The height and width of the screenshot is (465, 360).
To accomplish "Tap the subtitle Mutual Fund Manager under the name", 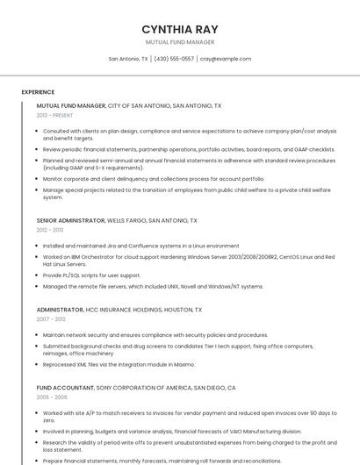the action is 180,42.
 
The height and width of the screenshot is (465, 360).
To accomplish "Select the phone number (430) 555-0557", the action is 174,59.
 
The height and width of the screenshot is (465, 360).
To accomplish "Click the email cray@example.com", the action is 226,59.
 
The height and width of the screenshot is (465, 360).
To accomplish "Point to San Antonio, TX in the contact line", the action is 128,59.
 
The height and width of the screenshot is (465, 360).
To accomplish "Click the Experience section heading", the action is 38,92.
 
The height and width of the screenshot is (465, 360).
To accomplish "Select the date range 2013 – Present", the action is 54,115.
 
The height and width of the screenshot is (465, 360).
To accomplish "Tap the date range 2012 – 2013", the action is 50,230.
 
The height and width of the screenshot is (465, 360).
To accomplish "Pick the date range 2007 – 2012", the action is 51,319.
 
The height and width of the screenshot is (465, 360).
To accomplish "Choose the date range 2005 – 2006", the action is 52,397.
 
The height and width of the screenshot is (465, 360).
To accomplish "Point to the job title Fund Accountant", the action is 64,387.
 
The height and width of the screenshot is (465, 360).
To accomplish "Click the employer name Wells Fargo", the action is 126,221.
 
